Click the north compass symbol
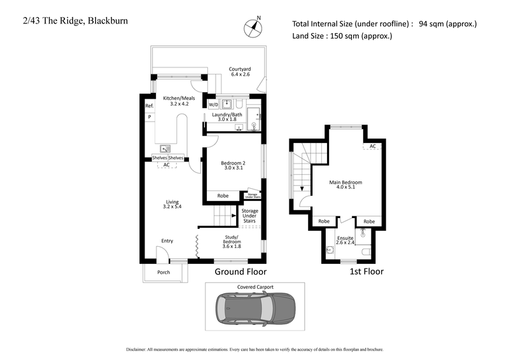coord(253,27)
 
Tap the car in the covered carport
coord(254,308)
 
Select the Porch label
coord(164,272)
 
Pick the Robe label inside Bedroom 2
coord(223,196)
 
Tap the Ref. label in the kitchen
coord(150,106)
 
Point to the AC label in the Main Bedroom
coord(373,146)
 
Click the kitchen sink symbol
coord(165,149)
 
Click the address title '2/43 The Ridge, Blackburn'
coord(69,20)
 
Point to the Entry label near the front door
coord(167,241)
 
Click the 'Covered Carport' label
coord(255,287)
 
